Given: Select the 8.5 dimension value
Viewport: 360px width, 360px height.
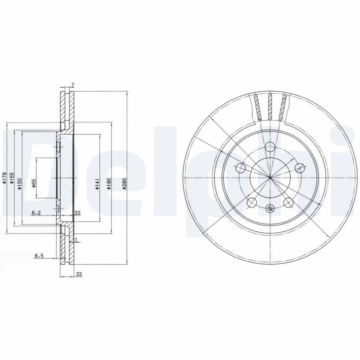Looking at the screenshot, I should [x=39, y=256].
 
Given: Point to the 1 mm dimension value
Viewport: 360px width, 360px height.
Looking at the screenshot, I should [x=76, y=239].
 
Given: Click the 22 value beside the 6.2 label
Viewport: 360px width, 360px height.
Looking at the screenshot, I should [x=77, y=213].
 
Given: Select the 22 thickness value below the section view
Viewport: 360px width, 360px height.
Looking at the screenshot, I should [x=79, y=273].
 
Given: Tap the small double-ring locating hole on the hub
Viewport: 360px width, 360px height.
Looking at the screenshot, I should [x=270, y=208].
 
